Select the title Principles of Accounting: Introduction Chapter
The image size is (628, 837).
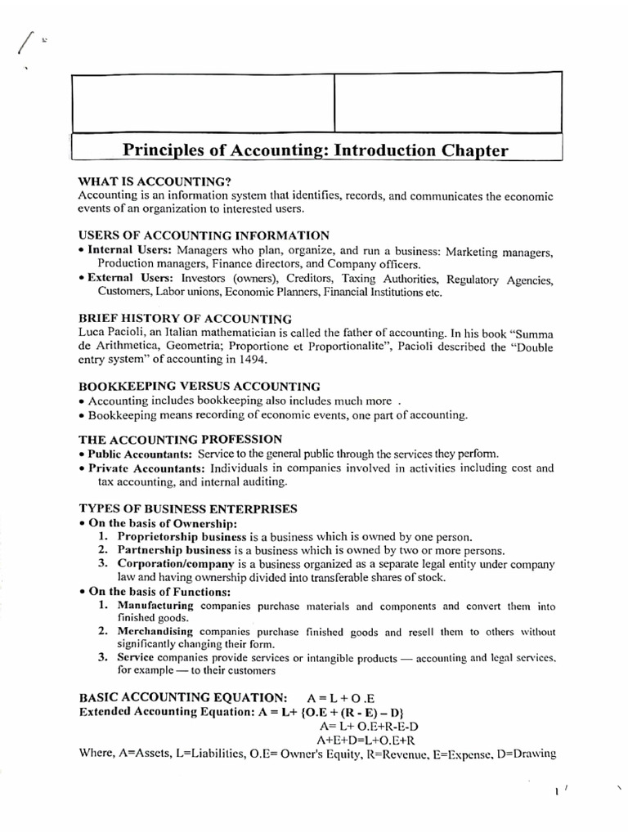[x=315, y=150]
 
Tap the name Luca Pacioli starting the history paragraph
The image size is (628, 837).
[x=104, y=333]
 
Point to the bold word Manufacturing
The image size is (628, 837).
[x=155, y=606]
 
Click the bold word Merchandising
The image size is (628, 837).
[x=155, y=632]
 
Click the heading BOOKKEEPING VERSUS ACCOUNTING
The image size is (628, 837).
[x=199, y=386]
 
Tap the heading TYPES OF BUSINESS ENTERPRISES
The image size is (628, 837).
[x=187, y=508]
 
